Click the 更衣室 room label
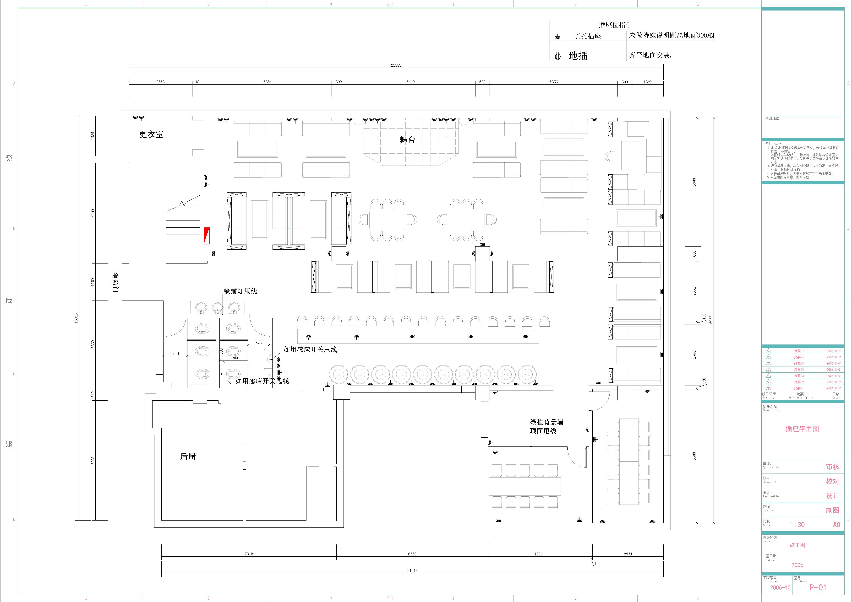(151, 134)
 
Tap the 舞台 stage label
(407, 140)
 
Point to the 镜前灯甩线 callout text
(240, 291)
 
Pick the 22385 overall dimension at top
(396, 65)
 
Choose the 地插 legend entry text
(578, 56)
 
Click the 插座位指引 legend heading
(615, 25)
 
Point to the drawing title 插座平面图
(802, 429)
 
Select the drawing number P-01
(818, 587)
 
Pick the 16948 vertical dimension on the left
(76, 318)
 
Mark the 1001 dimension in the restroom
(175, 354)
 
